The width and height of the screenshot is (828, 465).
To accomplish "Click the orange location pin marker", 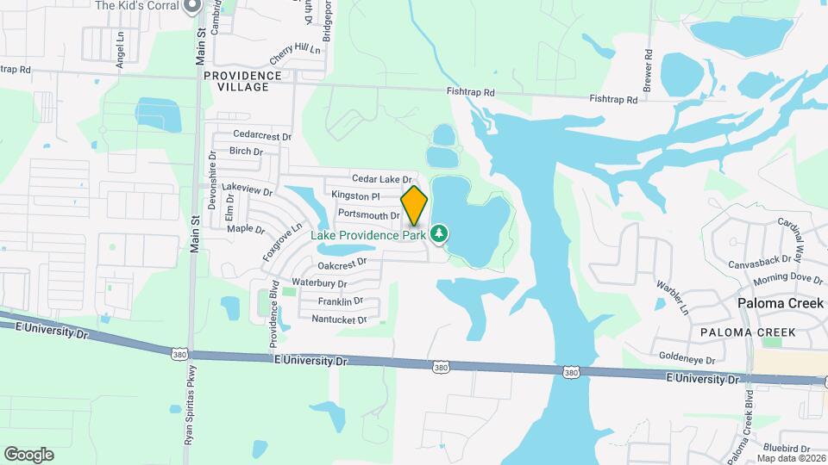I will tap(414, 205).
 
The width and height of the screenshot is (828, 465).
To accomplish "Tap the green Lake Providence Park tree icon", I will tap(439, 233).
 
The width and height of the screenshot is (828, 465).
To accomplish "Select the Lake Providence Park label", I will tap(369, 234).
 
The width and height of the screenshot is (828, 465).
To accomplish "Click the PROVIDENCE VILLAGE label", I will tap(243, 82).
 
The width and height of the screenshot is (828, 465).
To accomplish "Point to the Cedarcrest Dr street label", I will tap(263, 136).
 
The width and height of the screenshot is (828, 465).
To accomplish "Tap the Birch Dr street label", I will tap(246, 152).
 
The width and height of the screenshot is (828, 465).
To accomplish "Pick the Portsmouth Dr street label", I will tap(369, 214).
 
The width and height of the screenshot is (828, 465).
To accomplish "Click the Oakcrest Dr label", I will tap(342, 264).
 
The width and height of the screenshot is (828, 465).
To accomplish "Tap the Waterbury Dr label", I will tap(319, 282).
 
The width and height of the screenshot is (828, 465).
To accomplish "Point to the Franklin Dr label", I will tap(340, 301).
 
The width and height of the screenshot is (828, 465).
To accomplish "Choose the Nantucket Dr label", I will tap(339, 319).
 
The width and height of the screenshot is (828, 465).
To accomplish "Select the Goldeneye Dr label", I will tap(687, 361).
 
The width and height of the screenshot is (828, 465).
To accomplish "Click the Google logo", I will tap(28, 454).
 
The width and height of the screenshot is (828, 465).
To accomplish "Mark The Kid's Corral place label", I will tap(137, 6).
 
